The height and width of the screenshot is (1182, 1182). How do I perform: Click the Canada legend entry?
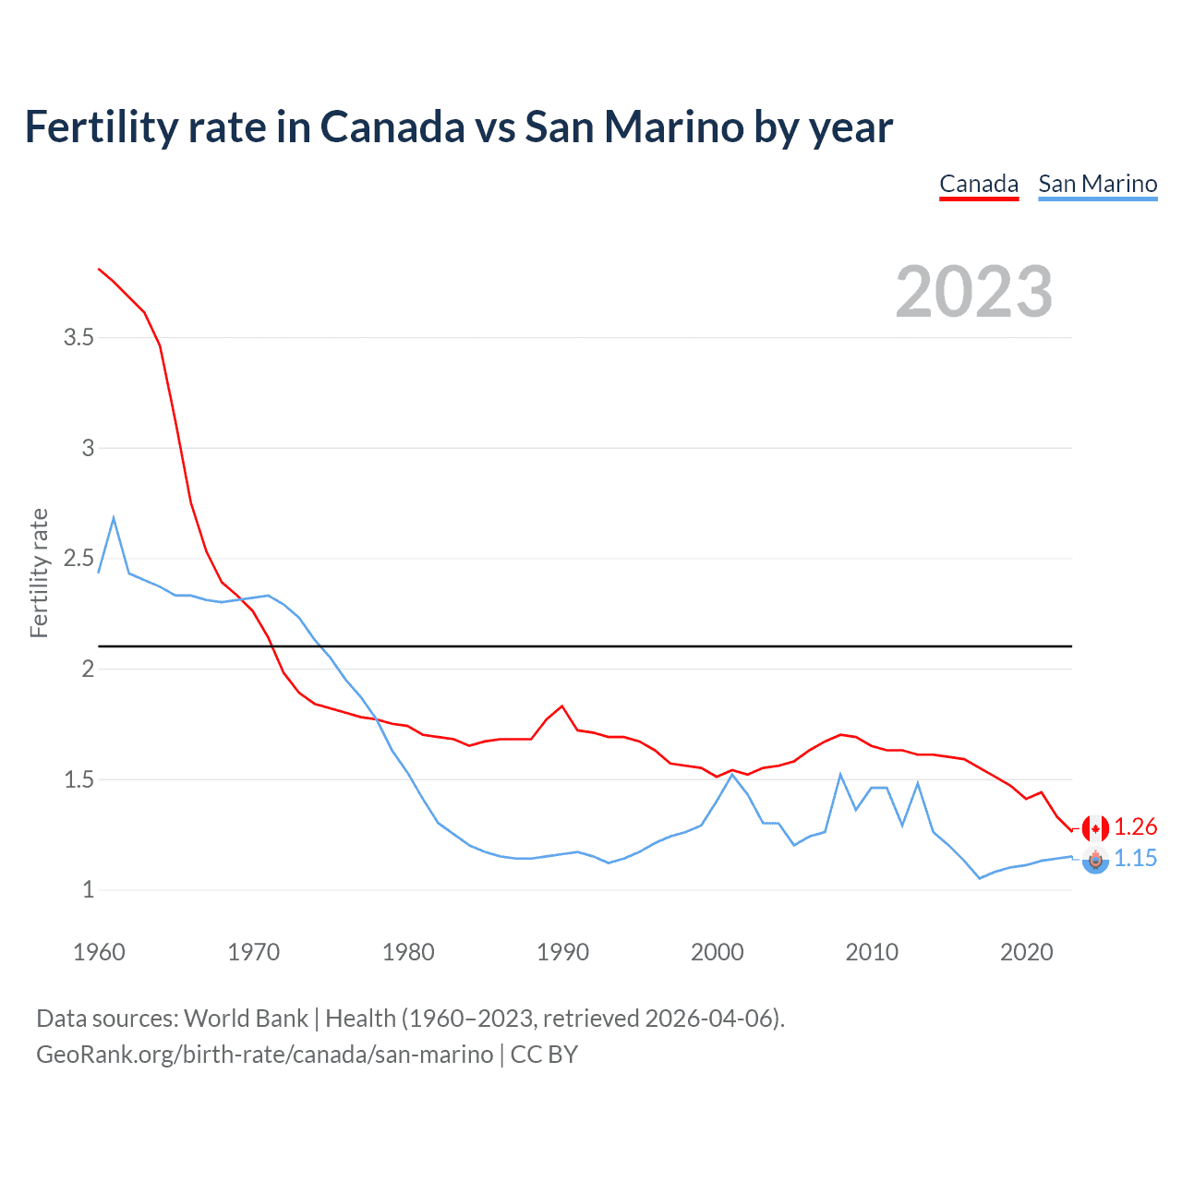coord(979,184)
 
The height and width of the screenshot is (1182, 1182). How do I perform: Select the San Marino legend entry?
coord(1097,184)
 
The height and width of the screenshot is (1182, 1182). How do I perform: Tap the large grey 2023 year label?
coord(974,292)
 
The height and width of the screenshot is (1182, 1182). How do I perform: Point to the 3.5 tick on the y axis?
coord(79,338)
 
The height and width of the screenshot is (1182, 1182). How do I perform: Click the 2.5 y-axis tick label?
coord(79,559)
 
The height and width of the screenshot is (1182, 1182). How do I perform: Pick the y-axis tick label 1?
coord(89,890)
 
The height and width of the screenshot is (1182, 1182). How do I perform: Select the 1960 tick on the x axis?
coord(99,952)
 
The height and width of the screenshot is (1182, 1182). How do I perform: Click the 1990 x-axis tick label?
coord(562,952)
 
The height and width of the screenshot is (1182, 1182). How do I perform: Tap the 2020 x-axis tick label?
coord(1026,952)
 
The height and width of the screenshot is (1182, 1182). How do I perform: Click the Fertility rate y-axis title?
coord(39,573)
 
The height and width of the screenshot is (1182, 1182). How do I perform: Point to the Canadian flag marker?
coord(1095,828)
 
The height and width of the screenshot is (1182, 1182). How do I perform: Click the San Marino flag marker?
coord(1095,861)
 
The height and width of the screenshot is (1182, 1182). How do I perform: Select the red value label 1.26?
coord(1135,827)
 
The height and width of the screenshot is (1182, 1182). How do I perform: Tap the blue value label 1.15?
coord(1135,859)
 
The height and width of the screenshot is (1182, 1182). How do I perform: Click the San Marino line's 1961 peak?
coord(114,518)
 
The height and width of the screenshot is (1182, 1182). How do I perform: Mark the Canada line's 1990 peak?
coord(561,706)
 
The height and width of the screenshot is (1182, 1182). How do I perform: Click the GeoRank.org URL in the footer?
coord(264,1055)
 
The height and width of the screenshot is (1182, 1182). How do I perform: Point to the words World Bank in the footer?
coord(246,1019)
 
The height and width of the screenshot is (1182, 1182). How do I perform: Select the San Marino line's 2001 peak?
coord(732,774)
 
